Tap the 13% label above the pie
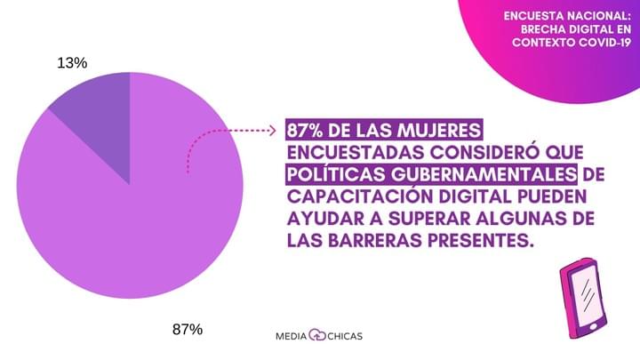coord(72,62)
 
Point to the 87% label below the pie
coord(188,329)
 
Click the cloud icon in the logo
coord(318,336)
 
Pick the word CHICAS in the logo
coord(345,336)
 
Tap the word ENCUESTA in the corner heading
coord(533,15)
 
